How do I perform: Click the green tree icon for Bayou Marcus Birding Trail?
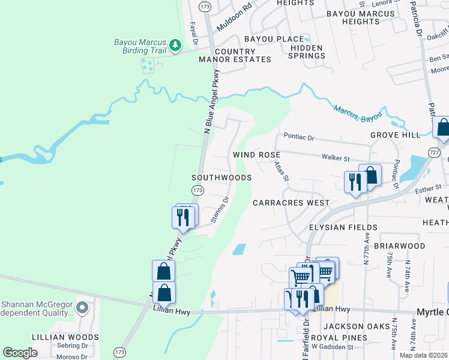tap(175, 45)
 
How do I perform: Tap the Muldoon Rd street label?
tap(234, 20)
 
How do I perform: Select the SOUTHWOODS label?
tap(221, 178)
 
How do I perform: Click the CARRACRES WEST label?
tap(291, 203)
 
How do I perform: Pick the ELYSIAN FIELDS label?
tap(343, 227)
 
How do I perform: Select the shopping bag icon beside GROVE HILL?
tap(442, 127)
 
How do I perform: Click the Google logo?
tap(20, 352)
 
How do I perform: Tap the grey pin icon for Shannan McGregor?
tap(83, 308)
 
